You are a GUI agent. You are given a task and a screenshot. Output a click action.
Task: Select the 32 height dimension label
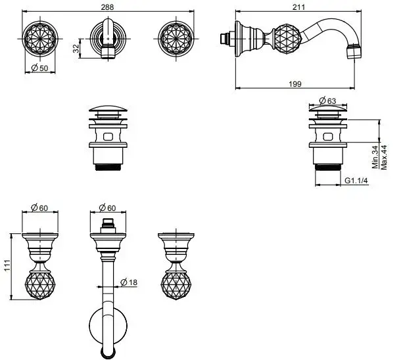tap(77, 48)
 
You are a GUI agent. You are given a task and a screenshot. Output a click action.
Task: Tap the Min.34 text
tap(373, 157)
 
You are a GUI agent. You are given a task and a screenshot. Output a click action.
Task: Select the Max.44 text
tap(383, 157)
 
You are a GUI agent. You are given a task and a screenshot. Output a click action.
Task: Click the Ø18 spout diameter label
tap(129, 283)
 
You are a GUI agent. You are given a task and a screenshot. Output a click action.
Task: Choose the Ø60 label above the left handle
tap(41, 208)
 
